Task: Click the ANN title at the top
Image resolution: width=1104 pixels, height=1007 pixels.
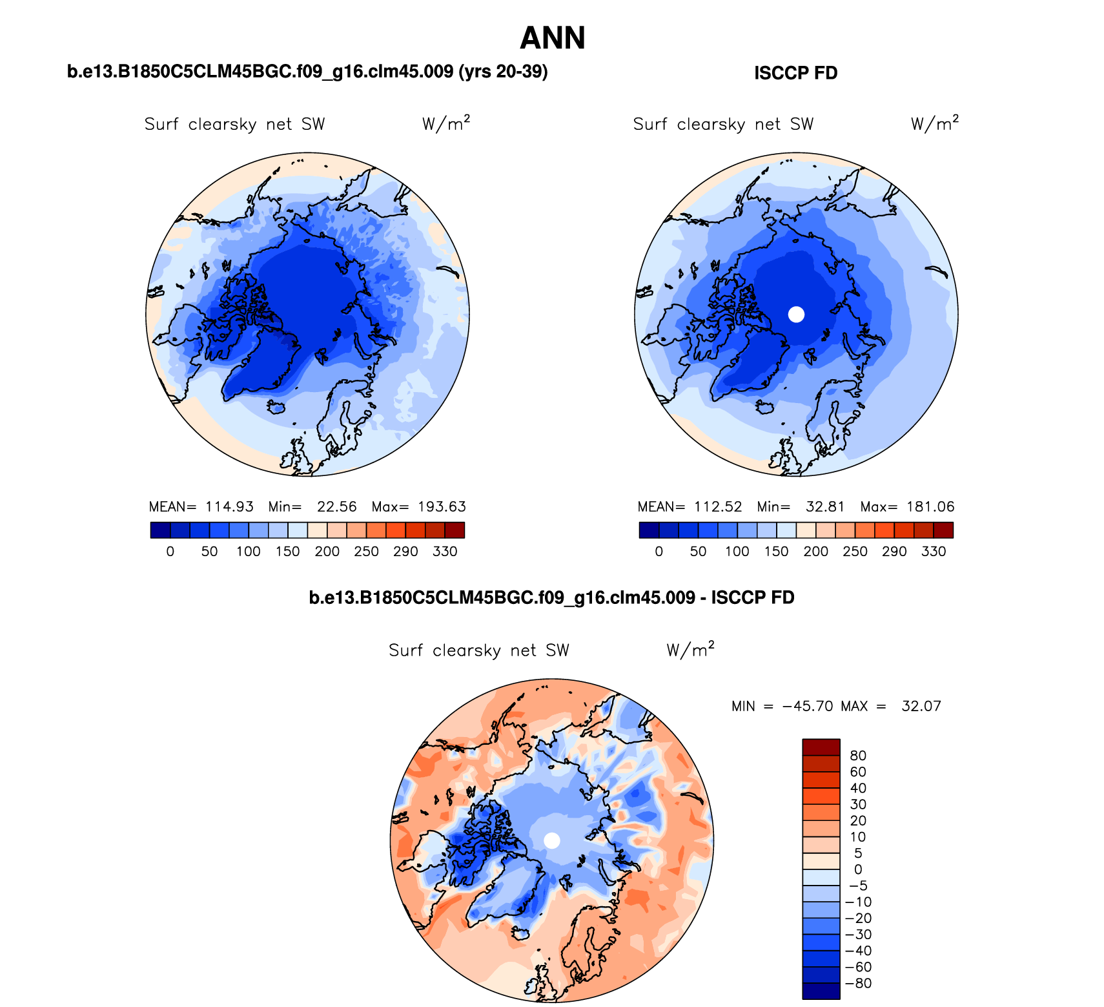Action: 552,38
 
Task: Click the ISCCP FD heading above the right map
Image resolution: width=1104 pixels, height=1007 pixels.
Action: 795,73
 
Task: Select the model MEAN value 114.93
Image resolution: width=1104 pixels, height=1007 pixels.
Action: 229,507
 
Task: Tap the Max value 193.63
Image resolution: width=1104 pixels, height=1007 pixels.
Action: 442,507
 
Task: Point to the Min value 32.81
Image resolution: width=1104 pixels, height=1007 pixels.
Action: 825,507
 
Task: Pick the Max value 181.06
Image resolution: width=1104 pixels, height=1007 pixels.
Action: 930,507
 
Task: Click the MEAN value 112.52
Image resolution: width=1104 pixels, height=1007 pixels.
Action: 718,507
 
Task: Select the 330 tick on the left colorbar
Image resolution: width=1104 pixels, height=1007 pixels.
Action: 445,552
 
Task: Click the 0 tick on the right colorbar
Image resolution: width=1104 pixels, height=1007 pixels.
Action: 659,552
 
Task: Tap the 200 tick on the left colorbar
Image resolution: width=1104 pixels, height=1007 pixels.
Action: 327,552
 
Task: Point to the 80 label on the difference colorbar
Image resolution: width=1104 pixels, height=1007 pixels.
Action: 858,756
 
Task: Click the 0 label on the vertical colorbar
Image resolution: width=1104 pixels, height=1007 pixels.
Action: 858,869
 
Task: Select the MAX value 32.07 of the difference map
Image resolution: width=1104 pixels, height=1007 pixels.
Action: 921,706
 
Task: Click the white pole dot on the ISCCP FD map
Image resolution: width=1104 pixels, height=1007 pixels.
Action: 796,315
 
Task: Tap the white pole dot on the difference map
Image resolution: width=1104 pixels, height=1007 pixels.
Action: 552,840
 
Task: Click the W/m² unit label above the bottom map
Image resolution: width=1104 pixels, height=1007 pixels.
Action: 690,650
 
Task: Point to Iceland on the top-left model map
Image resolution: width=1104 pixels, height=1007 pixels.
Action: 277,407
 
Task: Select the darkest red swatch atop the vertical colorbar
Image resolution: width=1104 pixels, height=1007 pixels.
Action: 821,747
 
